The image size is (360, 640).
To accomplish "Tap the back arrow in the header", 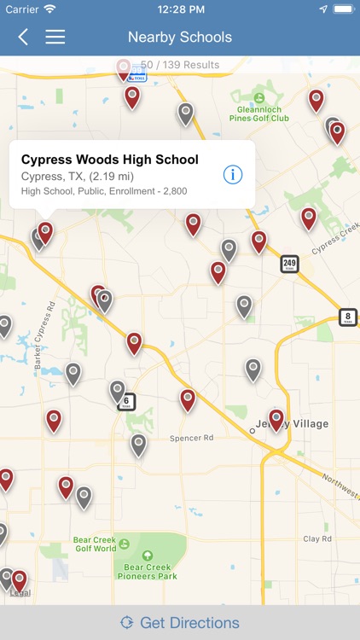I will (23, 37).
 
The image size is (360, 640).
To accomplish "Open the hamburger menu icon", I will (55, 37).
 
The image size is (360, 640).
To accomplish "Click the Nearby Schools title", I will (180, 37).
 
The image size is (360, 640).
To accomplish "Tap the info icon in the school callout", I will (233, 174).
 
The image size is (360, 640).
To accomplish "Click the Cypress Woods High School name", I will (109, 160).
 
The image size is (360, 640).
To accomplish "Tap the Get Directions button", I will (180, 622).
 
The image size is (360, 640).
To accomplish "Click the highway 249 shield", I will (290, 264).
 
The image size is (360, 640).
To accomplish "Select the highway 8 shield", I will (348, 317).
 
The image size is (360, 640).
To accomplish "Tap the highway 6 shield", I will (127, 401).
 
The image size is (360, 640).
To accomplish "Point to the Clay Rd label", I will (316, 539).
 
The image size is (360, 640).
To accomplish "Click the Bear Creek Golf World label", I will (94, 544).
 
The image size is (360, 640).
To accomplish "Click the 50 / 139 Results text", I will (180, 65).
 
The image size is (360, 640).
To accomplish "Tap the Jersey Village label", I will (293, 424).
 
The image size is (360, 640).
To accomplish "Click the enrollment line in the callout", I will (104, 191).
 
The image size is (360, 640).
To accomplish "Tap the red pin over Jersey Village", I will (276, 418).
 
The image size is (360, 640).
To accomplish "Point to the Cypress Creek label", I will (336, 238).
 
